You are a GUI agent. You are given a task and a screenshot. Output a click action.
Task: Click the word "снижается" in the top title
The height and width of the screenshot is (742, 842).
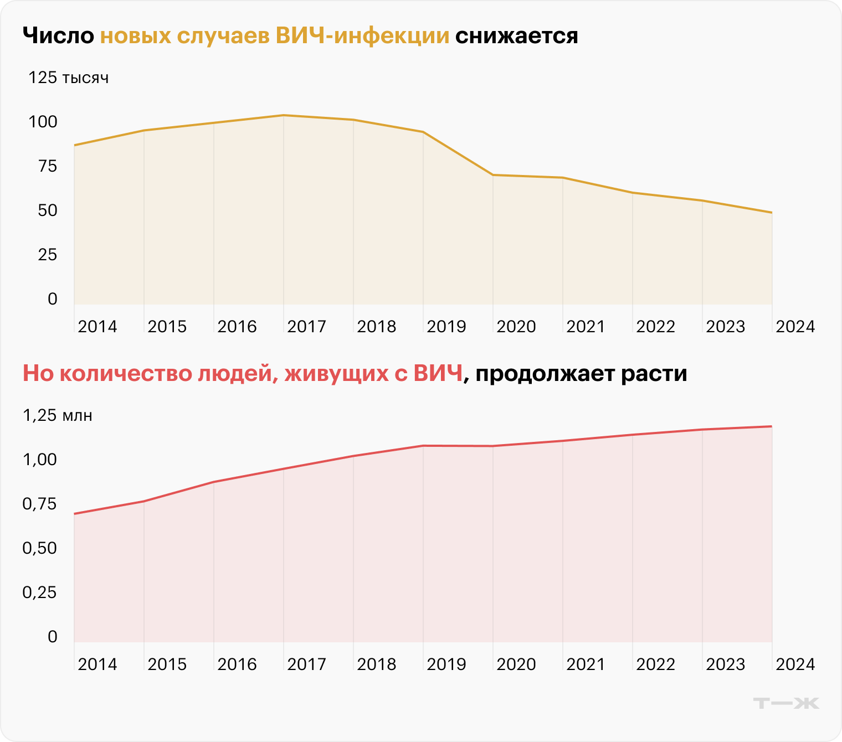coord(516,36)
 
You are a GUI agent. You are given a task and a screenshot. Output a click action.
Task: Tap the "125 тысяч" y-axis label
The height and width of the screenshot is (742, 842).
coord(68,78)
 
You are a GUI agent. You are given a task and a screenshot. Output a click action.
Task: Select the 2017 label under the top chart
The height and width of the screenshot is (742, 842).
coord(306,326)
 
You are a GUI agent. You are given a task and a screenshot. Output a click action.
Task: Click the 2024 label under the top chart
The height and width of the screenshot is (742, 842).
coord(795,326)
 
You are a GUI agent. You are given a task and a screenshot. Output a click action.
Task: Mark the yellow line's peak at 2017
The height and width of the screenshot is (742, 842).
coord(284,115)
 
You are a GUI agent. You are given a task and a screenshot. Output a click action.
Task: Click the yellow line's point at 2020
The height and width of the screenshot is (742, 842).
coord(493,175)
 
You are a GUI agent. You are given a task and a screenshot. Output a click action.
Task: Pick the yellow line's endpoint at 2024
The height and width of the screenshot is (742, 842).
coord(772,213)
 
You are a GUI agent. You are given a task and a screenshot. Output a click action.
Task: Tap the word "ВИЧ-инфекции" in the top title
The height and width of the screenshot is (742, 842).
coord(362,36)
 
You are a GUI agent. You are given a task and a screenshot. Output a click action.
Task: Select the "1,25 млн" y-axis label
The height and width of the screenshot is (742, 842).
coord(57,415)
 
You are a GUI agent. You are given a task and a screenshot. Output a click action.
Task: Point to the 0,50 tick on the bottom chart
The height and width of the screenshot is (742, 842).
coord(40,548)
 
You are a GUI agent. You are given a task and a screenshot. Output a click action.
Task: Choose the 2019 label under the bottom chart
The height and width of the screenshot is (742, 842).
coord(446,664)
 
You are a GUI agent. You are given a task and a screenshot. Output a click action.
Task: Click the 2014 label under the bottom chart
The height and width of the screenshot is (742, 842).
coord(97,664)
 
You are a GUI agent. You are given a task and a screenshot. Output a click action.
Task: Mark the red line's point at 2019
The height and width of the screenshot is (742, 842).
coord(423,446)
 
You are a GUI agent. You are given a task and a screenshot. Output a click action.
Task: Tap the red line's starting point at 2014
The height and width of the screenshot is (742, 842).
coord(74,514)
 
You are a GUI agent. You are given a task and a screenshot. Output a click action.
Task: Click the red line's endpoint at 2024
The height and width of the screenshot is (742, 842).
coord(772,426)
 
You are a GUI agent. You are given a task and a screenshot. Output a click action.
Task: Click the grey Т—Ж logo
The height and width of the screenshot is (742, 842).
coord(786,703)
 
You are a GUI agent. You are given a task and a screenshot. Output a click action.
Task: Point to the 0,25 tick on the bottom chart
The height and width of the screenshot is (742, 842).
coord(40,592)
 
